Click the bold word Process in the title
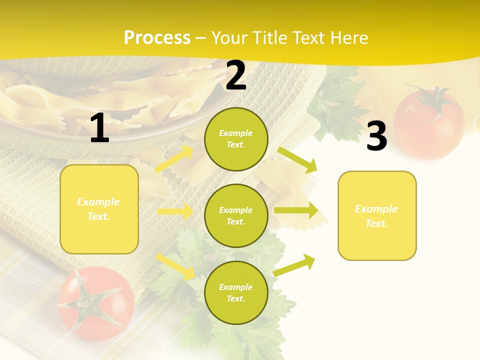pyautogui.click(x=157, y=37)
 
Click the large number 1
pyautogui.click(x=99, y=129)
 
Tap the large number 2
pyautogui.click(x=236, y=76)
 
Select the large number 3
pyautogui.click(x=376, y=137)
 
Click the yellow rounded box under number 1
pyautogui.click(x=99, y=209)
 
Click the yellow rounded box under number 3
pyautogui.click(x=376, y=215)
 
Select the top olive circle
pyautogui.click(x=236, y=139)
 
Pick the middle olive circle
pyautogui.click(x=236, y=215)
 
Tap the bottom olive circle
pyautogui.click(x=236, y=292)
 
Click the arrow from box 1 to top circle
pyautogui.click(x=174, y=159)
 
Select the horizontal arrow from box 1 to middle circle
pyautogui.click(x=174, y=212)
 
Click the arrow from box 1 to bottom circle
pyautogui.click(x=175, y=266)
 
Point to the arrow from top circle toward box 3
pyautogui.click(x=297, y=159)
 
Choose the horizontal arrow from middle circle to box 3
pyautogui.click(x=295, y=211)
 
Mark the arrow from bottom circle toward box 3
pyautogui.click(x=294, y=265)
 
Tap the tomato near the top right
pyautogui.click(x=429, y=122)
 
